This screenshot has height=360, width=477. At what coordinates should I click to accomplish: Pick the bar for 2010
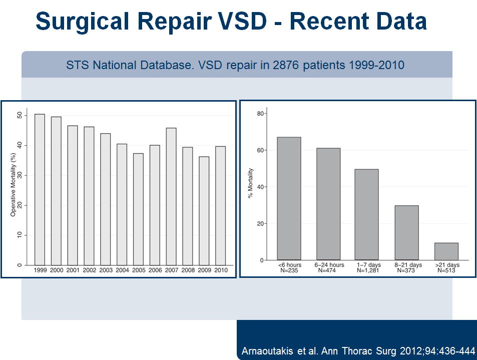point(220,205)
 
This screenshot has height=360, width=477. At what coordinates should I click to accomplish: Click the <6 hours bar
point(289,198)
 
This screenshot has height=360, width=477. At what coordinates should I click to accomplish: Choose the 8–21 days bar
point(406,232)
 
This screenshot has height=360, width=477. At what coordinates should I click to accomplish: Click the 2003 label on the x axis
point(105,270)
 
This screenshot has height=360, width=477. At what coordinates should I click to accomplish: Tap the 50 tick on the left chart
point(20,115)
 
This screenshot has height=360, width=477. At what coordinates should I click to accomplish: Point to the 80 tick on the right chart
point(260,114)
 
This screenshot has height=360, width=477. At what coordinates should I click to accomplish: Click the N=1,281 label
point(368,270)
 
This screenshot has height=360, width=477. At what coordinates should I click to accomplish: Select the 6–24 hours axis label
point(328,265)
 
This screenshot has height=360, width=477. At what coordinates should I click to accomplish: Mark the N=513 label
point(446,270)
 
